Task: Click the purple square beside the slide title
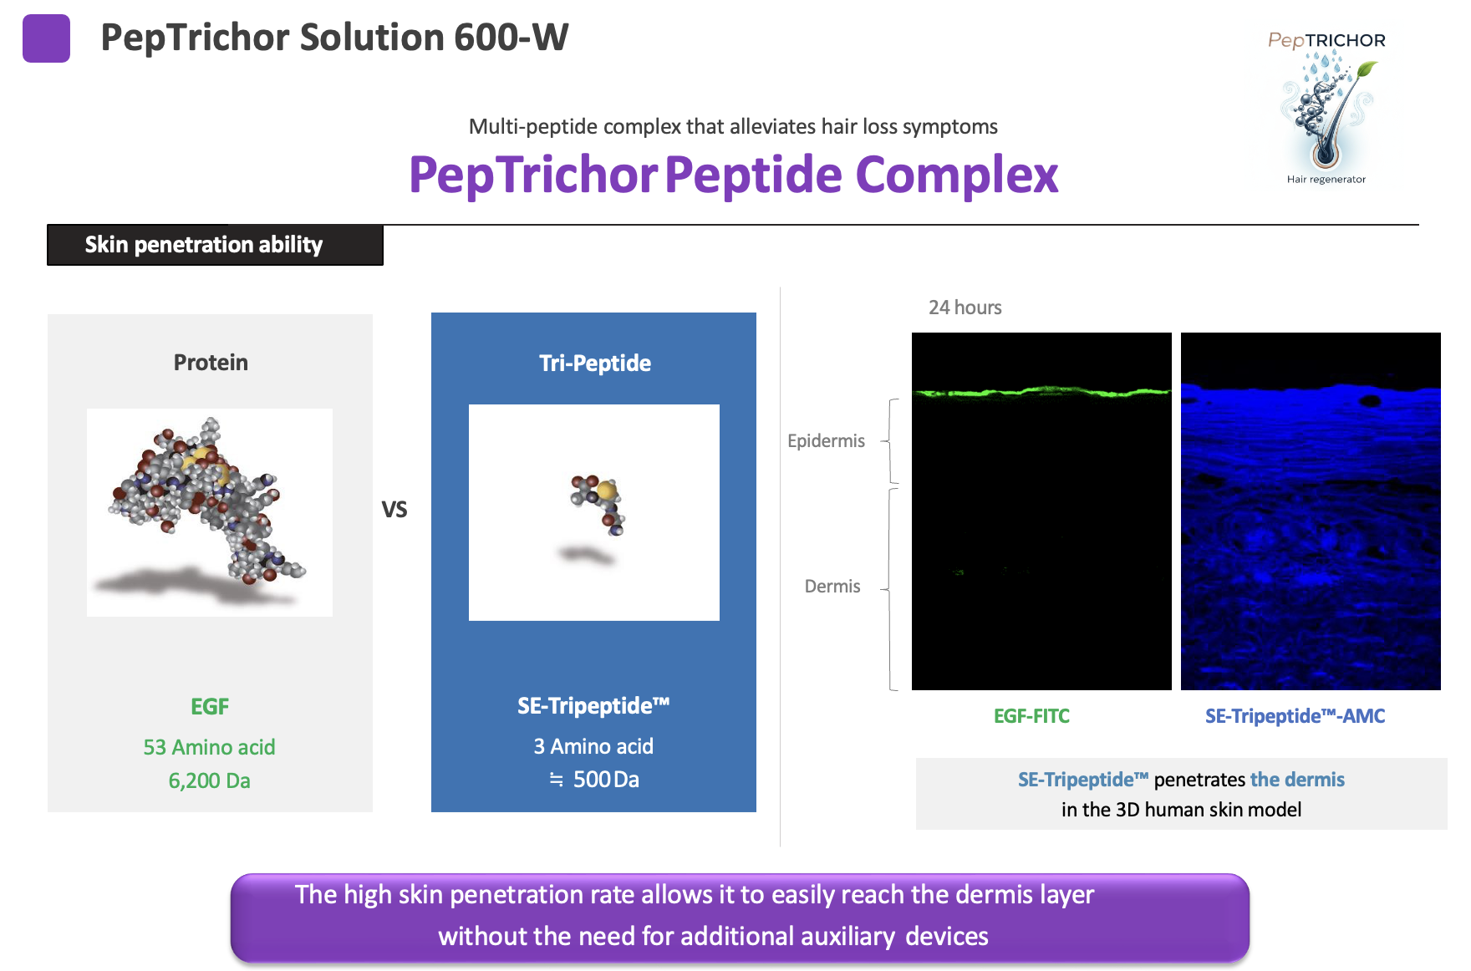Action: pos(46,38)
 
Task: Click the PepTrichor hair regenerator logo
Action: pos(1326,109)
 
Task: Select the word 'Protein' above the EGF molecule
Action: pos(211,363)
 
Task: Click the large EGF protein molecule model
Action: pos(205,501)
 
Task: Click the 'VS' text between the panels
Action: pos(394,510)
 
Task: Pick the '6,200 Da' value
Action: pos(209,780)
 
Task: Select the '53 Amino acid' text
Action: pos(209,747)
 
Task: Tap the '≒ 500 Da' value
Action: pos(594,780)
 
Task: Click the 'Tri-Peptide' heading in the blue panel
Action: pos(594,363)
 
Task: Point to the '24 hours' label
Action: pos(965,308)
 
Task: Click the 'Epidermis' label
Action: pos(826,441)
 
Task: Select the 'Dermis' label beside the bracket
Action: pos(832,587)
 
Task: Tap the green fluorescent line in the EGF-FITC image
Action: pos(1041,391)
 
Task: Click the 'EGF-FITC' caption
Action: pos(1031,716)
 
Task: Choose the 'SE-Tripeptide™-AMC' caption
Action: pos(1295,716)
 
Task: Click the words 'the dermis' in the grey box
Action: pos(1297,780)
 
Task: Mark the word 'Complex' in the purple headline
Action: pos(956,175)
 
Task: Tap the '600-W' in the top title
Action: pos(511,38)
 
